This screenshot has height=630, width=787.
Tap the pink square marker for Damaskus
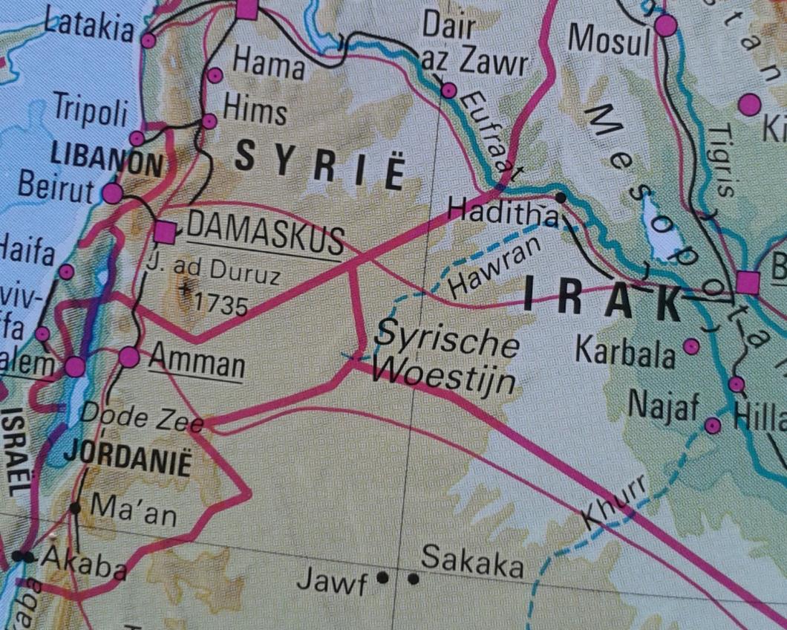click(x=166, y=233)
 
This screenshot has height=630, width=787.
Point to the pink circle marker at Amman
click(x=129, y=357)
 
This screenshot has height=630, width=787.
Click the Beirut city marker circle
click(x=112, y=194)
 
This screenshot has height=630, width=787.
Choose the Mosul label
click(x=608, y=42)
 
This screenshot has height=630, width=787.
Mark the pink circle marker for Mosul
click(x=666, y=26)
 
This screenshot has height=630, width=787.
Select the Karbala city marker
click(x=691, y=345)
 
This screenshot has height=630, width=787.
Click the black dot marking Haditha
click(x=561, y=198)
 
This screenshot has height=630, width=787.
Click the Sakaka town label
click(x=472, y=563)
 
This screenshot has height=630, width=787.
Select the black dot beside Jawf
click(x=383, y=577)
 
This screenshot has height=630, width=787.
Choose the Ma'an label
click(x=133, y=510)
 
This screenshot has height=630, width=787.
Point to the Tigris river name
click(x=721, y=160)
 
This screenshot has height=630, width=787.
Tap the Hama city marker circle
click(x=215, y=75)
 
